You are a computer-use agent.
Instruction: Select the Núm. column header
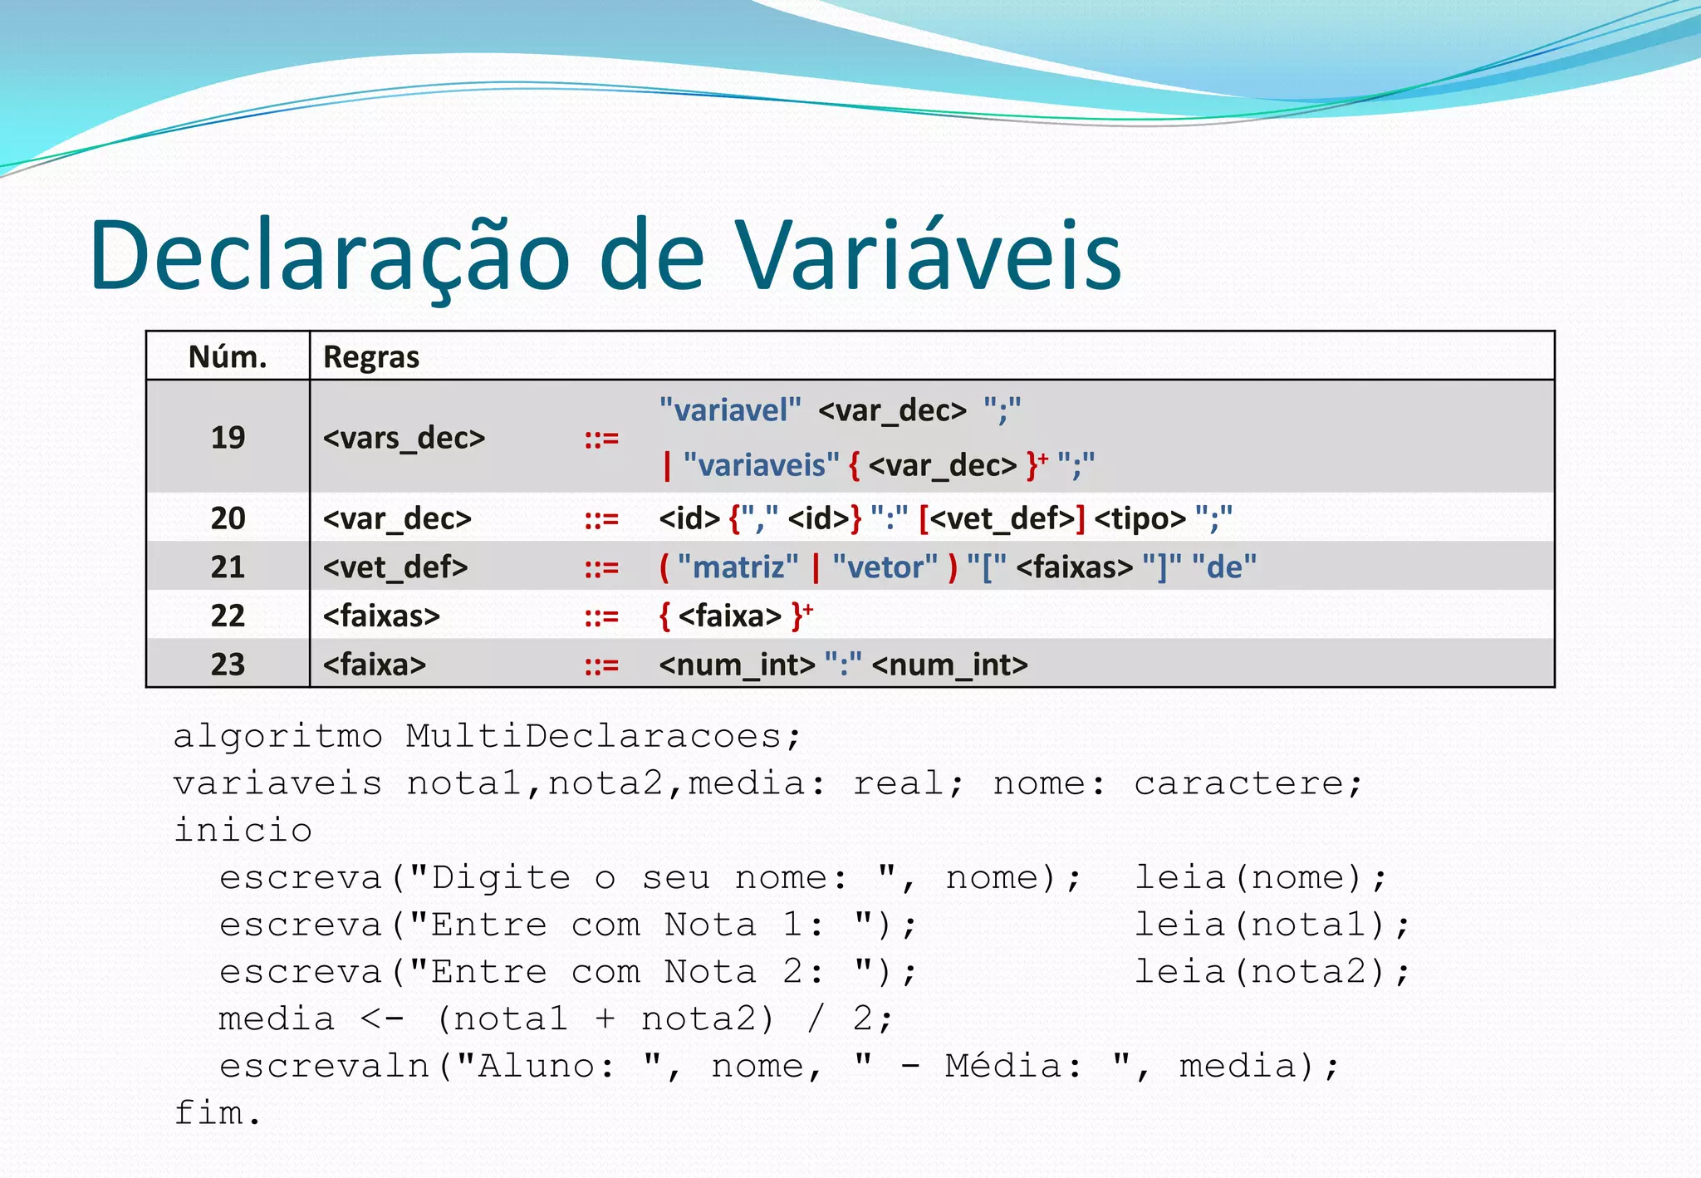(228, 357)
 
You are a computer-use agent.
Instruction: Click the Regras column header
(370, 357)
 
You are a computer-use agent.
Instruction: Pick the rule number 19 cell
(228, 437)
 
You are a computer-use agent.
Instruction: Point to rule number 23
(228, 665)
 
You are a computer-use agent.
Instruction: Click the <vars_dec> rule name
(404, 438)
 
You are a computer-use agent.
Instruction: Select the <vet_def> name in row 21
(395, 567)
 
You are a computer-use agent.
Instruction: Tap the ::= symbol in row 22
(601, 616)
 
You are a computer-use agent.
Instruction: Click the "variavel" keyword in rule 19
(730, 410)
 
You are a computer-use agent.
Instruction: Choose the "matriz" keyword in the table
(738, 567)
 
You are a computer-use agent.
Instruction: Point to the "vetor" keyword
(885, 567)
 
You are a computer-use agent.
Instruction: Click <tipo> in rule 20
(1140, 519)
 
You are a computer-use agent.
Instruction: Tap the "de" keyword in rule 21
(1223, 567)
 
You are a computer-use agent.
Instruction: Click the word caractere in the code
(1248, 783)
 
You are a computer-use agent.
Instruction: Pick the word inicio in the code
(243, 831)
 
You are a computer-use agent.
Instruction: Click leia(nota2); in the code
(1272, 972)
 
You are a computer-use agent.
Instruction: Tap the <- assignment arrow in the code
(382, 1019)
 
